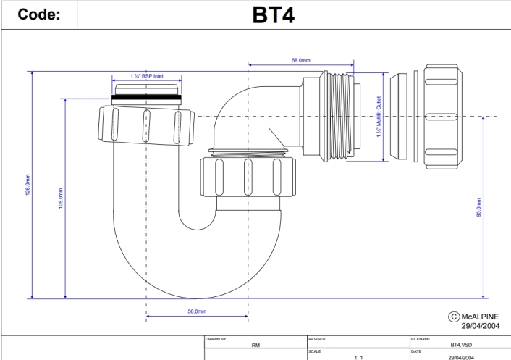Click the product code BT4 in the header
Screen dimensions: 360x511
click(273, 14)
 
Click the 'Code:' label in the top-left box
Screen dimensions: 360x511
click(38, 14)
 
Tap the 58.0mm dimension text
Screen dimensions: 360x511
click(302, 61)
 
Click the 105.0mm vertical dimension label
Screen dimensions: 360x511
click(60, 198)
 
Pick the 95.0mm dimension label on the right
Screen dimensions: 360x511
click(478, 207)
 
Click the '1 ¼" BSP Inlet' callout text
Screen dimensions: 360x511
click(147, 76)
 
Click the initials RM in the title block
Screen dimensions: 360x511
click(255, 346)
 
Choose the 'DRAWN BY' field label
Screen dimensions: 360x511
click(216, 339)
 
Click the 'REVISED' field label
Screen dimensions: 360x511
click(317, 339)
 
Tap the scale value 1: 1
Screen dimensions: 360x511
click(358, 357)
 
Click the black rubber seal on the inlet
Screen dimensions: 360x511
click(147, 96)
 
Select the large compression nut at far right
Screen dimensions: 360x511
click(442, 116)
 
